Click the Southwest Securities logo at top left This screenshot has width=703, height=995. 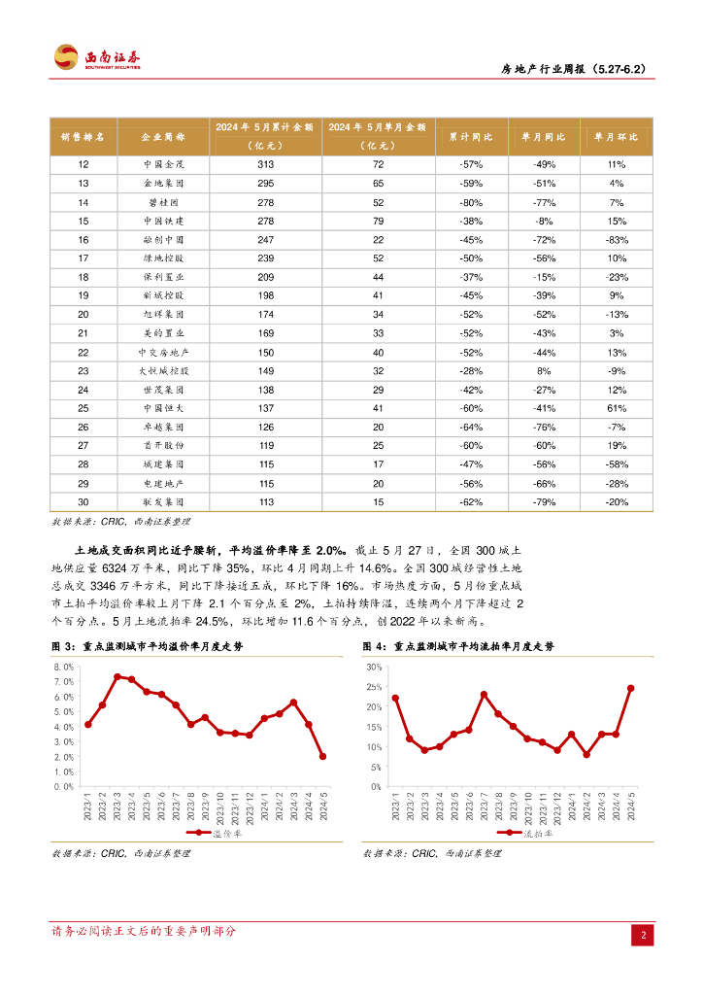coord(97,56)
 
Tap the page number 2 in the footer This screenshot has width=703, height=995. coord(643,935)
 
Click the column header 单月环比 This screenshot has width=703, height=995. coord(616,137)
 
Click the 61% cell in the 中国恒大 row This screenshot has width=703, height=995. coord(616,407)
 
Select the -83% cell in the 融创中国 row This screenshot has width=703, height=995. coord(616,239)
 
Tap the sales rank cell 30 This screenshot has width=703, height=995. coord(84,501)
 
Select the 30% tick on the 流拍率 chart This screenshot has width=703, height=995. coord(374,667)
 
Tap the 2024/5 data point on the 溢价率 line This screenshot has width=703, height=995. coord(322,756)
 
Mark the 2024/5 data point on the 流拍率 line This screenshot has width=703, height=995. coord(630,688)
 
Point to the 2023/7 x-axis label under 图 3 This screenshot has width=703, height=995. coord(176,807)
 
